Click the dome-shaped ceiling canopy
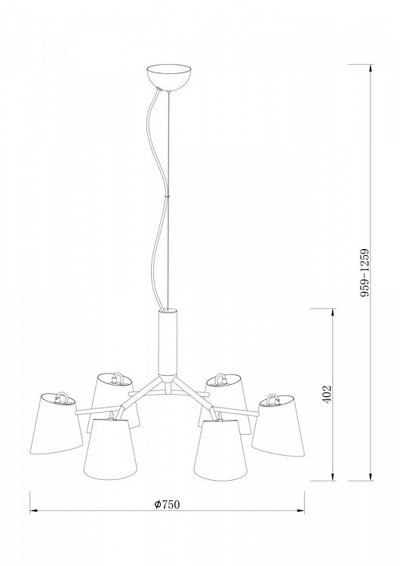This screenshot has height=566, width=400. [169, 77]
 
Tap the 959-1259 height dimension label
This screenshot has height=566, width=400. [365, 272]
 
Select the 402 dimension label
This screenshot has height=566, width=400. [327, 394]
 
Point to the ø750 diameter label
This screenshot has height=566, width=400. [167, 504]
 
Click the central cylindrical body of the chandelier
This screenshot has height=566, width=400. [168, 342]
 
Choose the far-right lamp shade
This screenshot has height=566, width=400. [278, 425]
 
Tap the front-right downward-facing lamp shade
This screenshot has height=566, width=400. [220, 450]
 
